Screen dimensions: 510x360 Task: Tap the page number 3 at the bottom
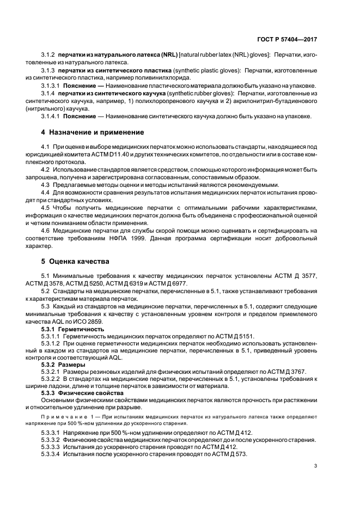click(316, 466)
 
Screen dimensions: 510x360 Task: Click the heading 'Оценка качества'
click(75, 262)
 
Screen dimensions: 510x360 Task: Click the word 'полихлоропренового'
click(148, 101)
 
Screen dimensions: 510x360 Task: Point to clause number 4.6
click(46, 230)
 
